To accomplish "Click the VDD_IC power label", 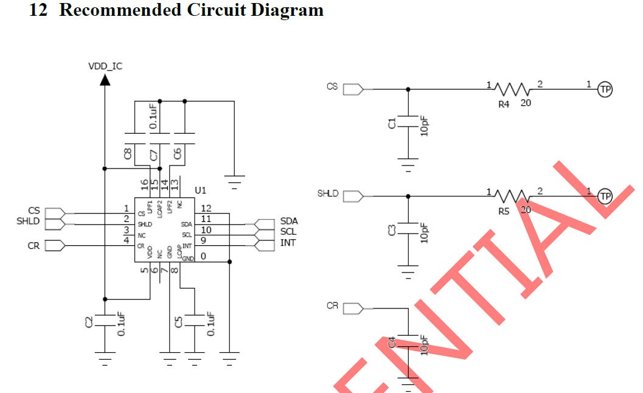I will click(105, 66).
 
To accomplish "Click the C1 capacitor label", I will click(392, 123).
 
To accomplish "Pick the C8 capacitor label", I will click(128, 155).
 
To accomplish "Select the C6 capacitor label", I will click(177, 155).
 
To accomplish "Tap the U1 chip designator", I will click(201, 190).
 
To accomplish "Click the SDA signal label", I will click(289, 221).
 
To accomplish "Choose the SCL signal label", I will click(289, 232).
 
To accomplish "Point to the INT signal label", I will click(288, 243).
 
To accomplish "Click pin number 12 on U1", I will click(206, 209).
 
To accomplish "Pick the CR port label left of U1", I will click(33, 246).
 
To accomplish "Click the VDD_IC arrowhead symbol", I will click(105, 79).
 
